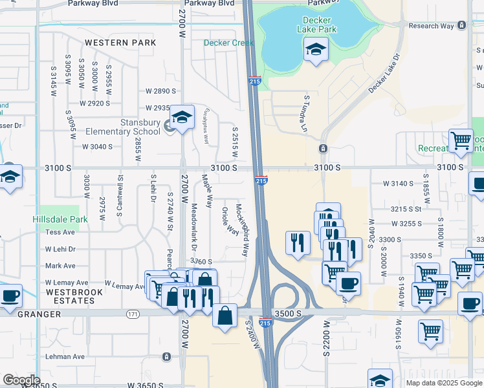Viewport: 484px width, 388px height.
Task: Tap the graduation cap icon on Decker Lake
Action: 316,49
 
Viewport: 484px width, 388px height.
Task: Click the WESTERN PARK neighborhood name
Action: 120,43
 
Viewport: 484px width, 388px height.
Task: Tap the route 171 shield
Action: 133,314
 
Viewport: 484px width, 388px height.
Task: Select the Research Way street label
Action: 430,26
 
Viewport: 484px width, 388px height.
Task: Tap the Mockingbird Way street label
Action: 241,230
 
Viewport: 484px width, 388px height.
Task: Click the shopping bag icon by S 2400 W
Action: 224,316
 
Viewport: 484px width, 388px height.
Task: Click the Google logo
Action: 21,380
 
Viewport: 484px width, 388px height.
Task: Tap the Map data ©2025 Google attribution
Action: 443,383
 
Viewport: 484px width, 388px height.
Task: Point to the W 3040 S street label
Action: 97,147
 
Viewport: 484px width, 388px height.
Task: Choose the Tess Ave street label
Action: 60,232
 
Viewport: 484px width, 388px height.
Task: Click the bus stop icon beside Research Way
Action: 461,26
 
